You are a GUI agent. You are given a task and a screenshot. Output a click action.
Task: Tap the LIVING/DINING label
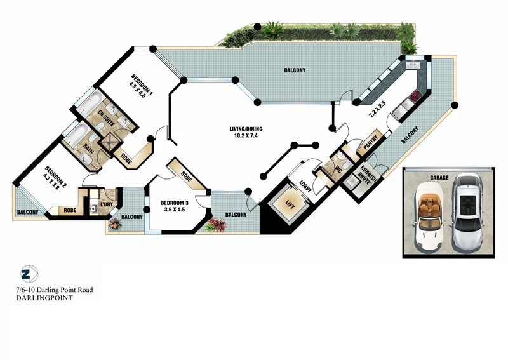click(x=246, y=130)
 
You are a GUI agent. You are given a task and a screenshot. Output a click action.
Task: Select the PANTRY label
click(x=371, y=145)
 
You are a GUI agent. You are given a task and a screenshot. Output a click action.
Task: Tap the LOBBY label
click(x=306, y=187)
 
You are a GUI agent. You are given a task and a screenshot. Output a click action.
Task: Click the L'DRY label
click(x=107, y=204)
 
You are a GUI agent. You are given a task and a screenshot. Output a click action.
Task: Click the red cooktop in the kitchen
click(x=414, y=97)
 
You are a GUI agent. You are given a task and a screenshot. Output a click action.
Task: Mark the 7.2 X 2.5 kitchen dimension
click(x=377, y=112)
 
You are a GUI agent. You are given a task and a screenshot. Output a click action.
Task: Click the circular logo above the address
click(x=26, y=274)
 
